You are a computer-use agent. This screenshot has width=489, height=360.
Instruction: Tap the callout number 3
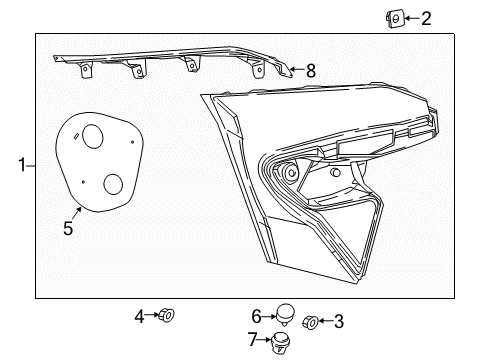pyautogui.click(x=338, y=322)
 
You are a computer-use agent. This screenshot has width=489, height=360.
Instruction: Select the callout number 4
pyautogui.click(x=140, y=316)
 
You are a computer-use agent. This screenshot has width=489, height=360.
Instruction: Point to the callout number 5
pyautogui.click(x=68, y=228)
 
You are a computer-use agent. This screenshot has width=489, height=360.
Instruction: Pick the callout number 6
pyautogui.click(x=256, y=315)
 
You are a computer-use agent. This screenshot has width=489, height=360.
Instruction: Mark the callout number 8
pyautogui.click(x=310, y=71)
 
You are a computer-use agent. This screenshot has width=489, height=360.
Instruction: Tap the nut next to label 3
pyautogui.click(x=310, y=322)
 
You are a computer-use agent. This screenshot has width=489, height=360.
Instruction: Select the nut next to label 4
pyautogui.click(x=166, y=316)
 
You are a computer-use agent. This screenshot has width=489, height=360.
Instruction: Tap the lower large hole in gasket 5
pyautogui.click(x=114, y=185)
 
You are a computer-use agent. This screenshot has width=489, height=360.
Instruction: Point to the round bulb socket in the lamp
pyautogui.click(x=290, y=173)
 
